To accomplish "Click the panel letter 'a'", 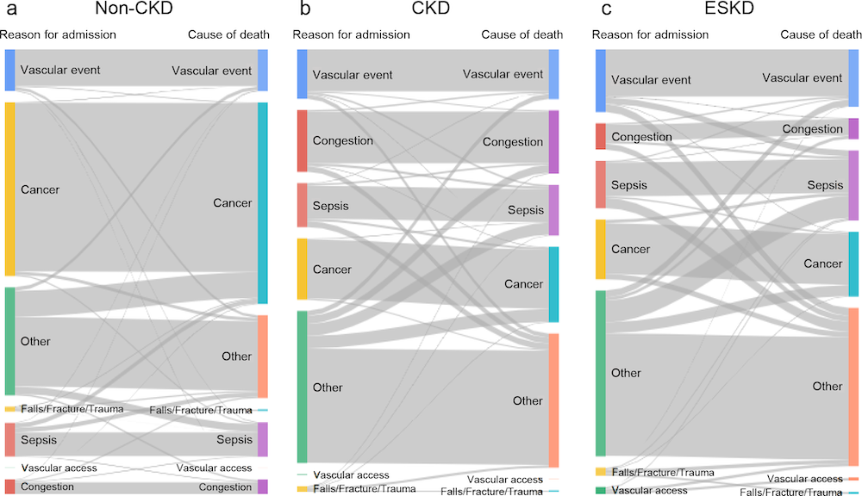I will pyautogui.click(x=11, y=10).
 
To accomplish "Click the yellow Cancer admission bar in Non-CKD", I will pyautogui.click(x=9, y=189).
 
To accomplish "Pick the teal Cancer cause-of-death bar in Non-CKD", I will pyautogui.click(x=263, y=203).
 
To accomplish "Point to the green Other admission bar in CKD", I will pyautogui.click(x=303, y=387).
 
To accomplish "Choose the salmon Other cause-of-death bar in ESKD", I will pyautogui.click(x=853, y=386).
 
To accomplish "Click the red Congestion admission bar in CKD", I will pyautogui.click(x=303, y=140).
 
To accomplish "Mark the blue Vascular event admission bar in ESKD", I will pyautogui.click(x=601, y=80).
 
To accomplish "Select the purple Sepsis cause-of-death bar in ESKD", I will pyautogui.click(x=853, y=184).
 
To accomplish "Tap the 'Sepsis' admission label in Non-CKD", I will pyautogui.click(x=39, y=440).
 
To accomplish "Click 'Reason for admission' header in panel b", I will pyautogui.click(x=351, y=34).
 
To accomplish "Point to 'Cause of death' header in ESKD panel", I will pyautogui.click(x=820, y=34).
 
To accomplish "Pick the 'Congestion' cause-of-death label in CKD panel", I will pyautogui.click(x=513, y=141).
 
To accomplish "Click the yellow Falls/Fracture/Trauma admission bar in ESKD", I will pyautogui.click(x=601, y=472).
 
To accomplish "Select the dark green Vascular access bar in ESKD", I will pyautogui.click(x=601, y=490).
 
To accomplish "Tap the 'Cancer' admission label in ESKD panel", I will pyautogui.click(x=630, y=249).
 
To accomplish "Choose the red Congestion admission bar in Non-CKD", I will pyautogui.click(x=9, y=487).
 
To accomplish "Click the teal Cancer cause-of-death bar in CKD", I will pyautogui.click(x=554, y=284).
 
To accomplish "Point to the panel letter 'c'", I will pyautogui.click(x=607, y=10).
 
